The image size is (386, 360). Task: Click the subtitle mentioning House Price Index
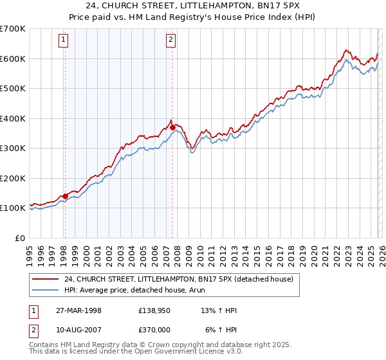click(x=193, y=17)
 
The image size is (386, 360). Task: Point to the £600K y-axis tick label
click(x=13, y=59)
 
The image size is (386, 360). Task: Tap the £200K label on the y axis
click(x=13, y=178)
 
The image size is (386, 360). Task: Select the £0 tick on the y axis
click(x=19, y=238)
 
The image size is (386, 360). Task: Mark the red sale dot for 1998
click(x=65, y=196)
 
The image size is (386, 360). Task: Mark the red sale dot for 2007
click(x=172, y=127)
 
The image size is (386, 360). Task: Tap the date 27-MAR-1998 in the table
click(x=78, y=310)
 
